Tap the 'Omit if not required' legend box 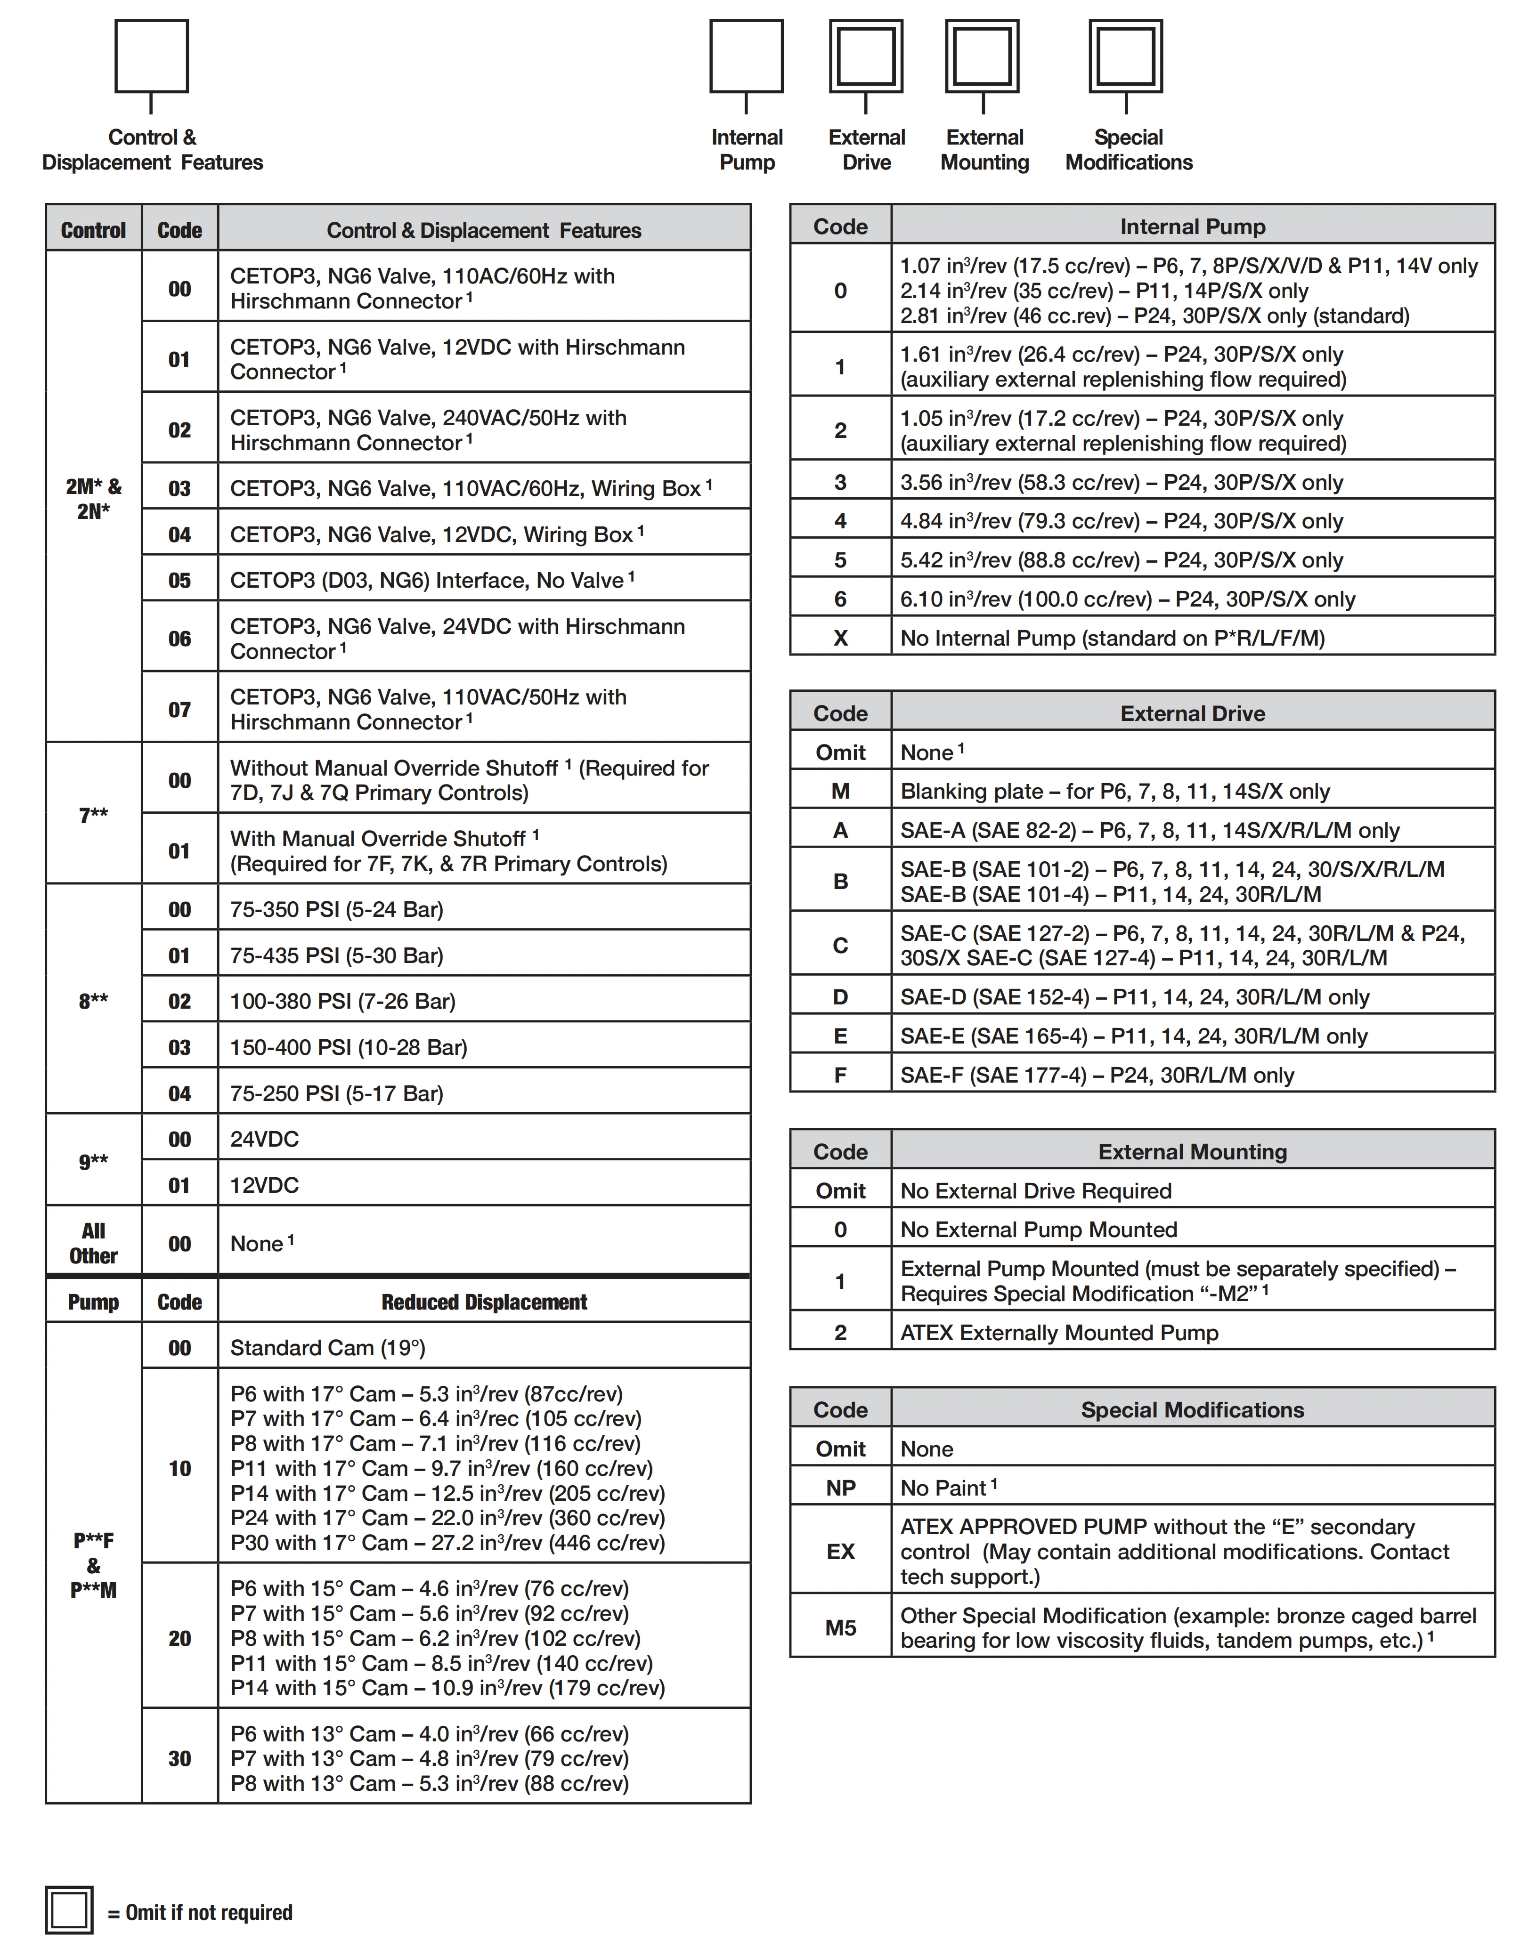point(69,1910)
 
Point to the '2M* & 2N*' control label point(93,499)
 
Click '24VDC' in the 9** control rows point(265,1139)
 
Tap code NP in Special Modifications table point(840,1487)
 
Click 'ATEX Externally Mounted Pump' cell point(1059,1332)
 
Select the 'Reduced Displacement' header point(484,1302)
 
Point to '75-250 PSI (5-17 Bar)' point(336,1093)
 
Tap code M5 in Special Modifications point(840,1627)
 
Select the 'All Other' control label point(93,1243)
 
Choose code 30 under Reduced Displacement point(179,1758)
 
